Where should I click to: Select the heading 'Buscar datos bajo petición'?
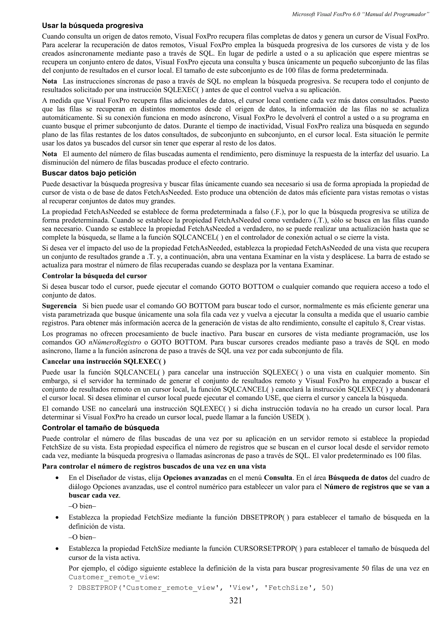coord(89,173)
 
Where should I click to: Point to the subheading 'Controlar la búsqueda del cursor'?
coord(94,276)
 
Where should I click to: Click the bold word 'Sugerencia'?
coord(59,306)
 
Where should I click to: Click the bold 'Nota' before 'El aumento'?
coord(50,154)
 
